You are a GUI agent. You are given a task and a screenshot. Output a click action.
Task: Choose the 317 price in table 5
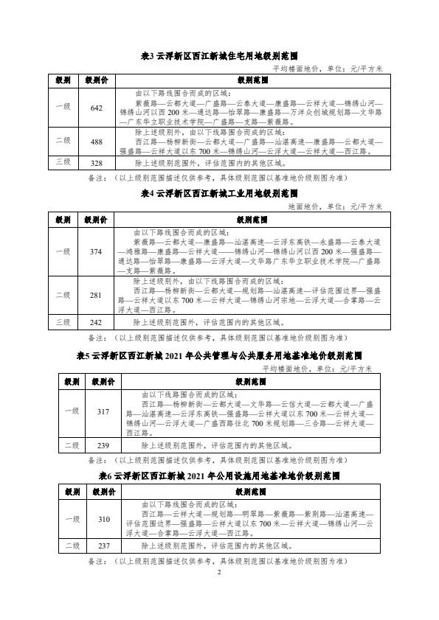click(x=103, y=411)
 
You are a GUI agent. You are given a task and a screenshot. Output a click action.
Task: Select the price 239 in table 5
click(x=103, y=445)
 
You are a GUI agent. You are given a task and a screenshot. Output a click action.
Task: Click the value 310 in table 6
click(x=103, y=519)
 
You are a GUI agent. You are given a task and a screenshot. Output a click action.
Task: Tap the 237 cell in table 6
click(x=103, y=546)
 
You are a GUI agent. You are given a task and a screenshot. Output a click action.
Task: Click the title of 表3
click(x=218, y=55)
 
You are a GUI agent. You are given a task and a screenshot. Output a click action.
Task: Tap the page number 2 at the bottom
click(x=219, y=572)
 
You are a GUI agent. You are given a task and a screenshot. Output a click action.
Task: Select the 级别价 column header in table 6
click(x=103, y=490)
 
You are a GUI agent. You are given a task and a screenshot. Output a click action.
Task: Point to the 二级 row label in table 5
click(x=72, y=445)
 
